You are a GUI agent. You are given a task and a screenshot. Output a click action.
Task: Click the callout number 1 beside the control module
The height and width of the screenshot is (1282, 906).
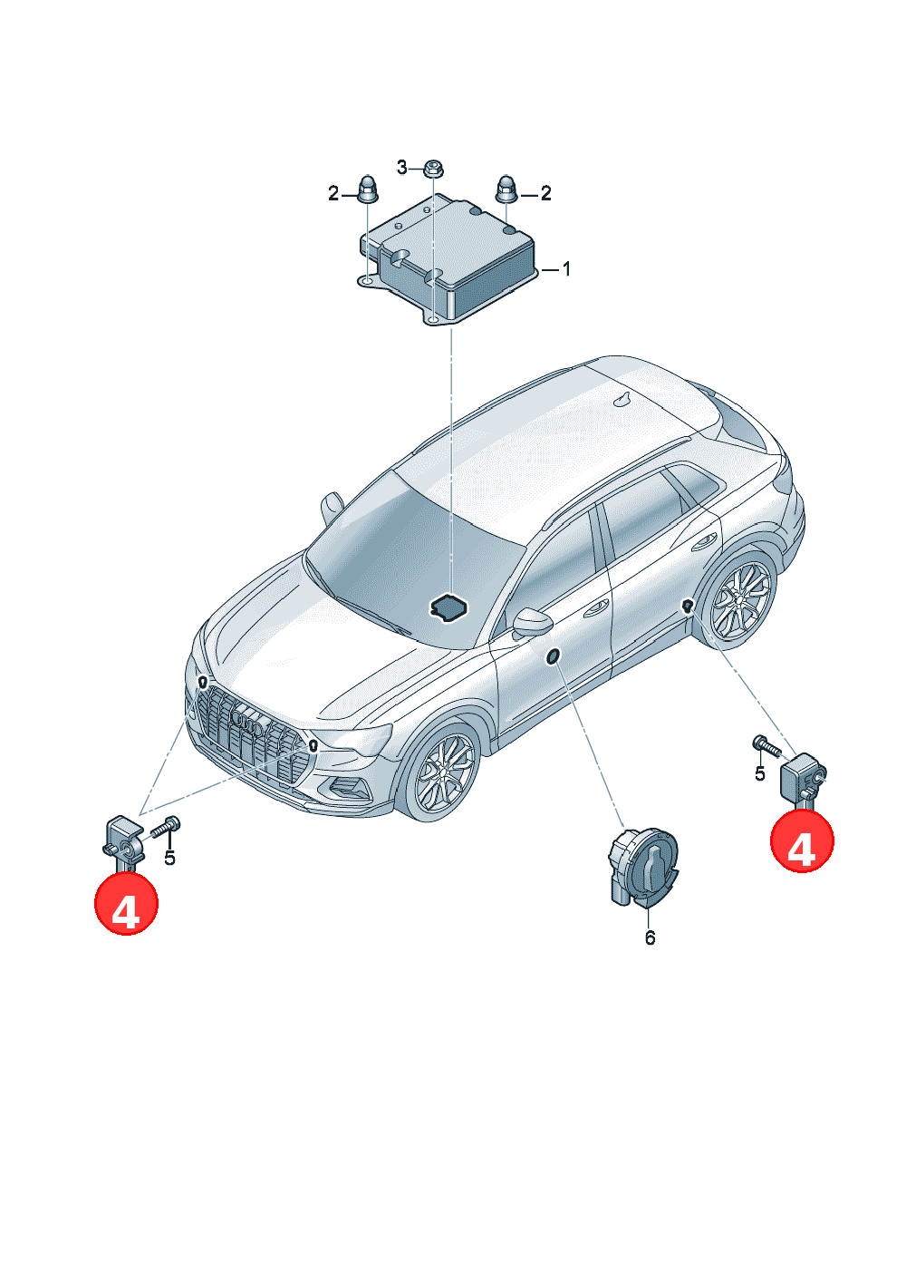(566, 268)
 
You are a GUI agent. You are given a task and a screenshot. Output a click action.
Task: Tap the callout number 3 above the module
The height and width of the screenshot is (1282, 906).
(402, 168)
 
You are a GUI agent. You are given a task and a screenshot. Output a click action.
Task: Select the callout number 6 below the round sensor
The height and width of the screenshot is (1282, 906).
(650, 937)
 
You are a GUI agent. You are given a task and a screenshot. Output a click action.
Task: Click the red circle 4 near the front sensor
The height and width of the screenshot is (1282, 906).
(126, 904)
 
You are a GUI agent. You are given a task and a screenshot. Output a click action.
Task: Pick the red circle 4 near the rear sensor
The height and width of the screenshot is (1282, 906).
(802, 840)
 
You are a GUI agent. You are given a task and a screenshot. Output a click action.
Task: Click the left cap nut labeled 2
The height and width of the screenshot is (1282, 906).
(367, 189)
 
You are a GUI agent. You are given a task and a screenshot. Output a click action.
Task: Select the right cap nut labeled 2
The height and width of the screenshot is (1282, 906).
(506, 189)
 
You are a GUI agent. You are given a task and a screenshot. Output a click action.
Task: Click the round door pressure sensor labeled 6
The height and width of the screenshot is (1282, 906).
(643, 868)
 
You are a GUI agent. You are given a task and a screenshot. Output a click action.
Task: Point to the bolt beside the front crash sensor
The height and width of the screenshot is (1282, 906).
(165, 827)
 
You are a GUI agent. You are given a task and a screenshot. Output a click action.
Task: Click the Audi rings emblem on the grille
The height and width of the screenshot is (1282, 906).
(249, 724)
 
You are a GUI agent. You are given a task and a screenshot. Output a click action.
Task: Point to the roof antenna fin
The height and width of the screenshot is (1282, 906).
(624, 400)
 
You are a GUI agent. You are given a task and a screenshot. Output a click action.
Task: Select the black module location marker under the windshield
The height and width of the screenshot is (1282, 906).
(449, 607)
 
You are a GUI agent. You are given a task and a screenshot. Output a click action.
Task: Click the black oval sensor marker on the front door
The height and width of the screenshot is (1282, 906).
(553, 656)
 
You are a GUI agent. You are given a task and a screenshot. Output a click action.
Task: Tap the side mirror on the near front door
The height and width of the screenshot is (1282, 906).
(532, 623)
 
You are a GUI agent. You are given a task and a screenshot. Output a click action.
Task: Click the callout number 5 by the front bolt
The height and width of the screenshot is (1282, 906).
(170, 858)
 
